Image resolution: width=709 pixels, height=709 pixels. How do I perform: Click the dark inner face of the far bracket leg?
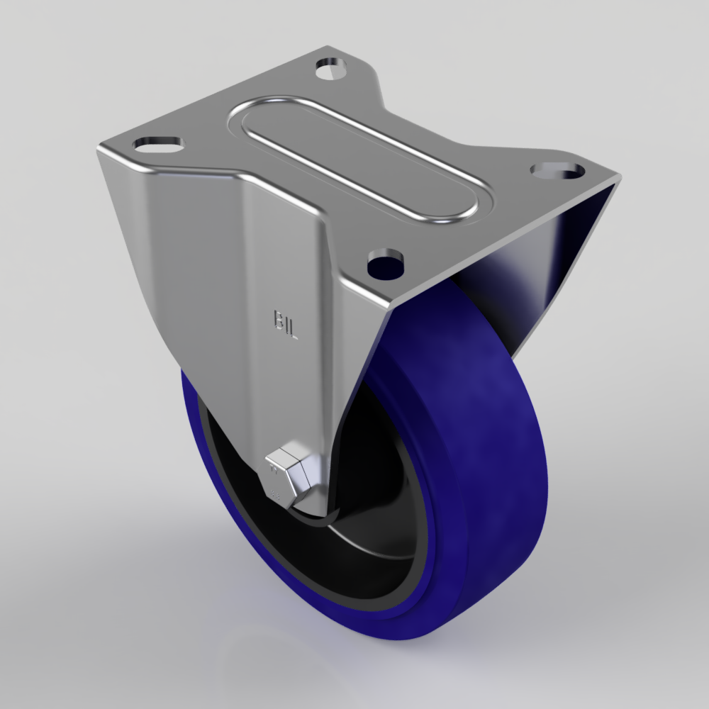point(560,255)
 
